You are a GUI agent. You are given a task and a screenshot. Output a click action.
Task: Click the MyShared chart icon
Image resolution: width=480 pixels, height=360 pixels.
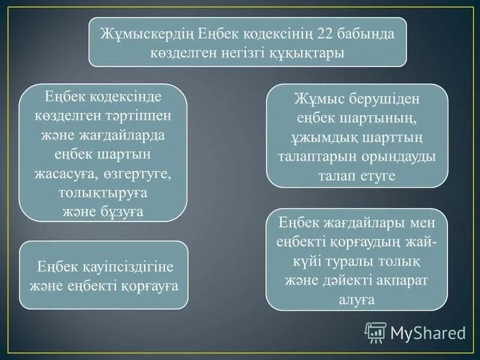376,332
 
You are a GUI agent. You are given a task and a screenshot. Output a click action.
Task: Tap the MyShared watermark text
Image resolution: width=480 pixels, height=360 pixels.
428,332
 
